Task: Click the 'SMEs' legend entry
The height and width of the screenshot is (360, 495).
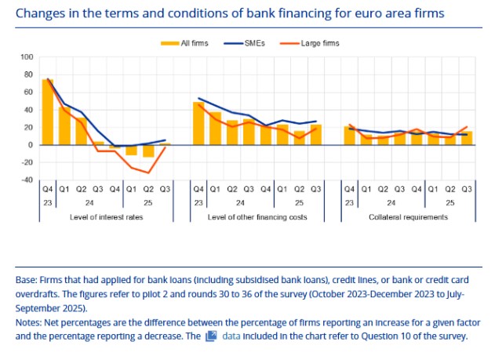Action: pyautogui.click(x=253, y=43)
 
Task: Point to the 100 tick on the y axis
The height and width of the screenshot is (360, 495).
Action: pyautogui.click(x=27, y=57)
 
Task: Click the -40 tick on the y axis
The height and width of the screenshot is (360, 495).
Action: pyautogui.click(x=27, y=180)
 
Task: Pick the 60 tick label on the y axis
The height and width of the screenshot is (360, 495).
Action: pyautogui.click(x=28, y=93)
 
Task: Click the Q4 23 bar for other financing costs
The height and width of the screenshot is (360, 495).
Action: pyautogui.click(x=198, y=123)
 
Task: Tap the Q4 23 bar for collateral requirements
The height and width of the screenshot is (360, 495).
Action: pyautogui.click(x=350, y=136)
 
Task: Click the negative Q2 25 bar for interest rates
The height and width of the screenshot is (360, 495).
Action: pyautogui.click(x=148, y=151)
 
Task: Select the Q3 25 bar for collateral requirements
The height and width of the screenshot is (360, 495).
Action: pyautogui.click(x=467, y=138)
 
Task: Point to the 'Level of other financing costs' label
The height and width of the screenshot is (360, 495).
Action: pyautogui.click(x=257, y=216)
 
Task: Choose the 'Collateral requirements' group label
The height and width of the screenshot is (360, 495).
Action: pyautogui.click(x=408, y=216)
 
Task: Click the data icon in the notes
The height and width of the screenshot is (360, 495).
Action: pyautogui.click(x=210, y=336)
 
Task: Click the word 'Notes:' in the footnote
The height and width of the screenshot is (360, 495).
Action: pyautogui.click(x=30, y=322)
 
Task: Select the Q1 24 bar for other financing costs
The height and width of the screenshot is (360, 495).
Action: pyautogui.click(x=215, y=129)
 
